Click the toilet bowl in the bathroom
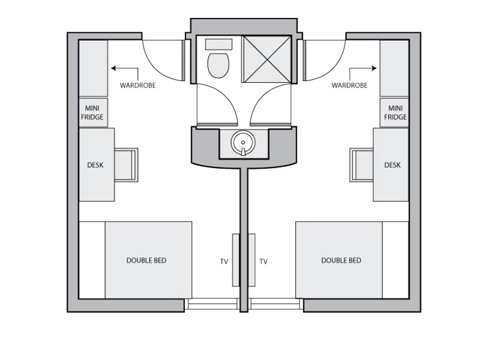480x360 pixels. coord(218,65)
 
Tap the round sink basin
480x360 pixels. coord(243,143)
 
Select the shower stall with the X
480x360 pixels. coord(266,59)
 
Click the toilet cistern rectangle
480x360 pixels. coord(218,44)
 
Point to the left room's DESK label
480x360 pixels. coord(95,165)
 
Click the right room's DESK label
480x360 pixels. coord(392,165)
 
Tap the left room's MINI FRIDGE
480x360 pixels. coord(94,113)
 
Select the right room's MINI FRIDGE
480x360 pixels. coord(394,113)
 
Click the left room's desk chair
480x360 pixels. coord(127,165)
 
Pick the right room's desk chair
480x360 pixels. coord(362,165)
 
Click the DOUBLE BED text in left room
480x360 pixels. coord(146,260)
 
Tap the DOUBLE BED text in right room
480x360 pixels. coord(341,260)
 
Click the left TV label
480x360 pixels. coord(224,262)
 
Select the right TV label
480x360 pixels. coord(263,262)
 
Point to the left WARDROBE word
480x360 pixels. coord(138,85)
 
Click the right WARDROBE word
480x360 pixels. coord(350,85)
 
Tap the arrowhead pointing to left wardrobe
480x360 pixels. coord(113,68)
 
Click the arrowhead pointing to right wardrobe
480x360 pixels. coord(374,68)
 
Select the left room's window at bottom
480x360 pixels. coord(212,304)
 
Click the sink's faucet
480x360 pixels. coord(243,152)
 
